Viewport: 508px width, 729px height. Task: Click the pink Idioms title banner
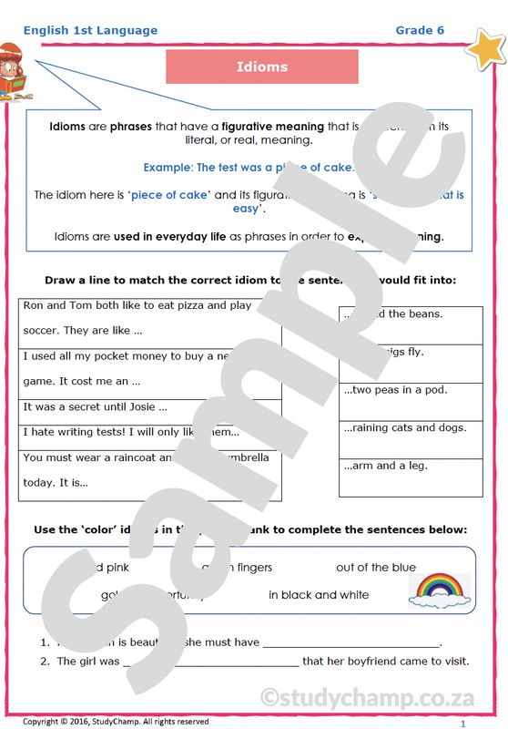tap(262, 67)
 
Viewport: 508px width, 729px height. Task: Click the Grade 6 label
tap(420, 30)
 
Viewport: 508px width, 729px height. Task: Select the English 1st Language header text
tap(90, 30)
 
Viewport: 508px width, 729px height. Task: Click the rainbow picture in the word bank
tap(440, 590)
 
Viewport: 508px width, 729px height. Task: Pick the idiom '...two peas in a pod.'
tap(395, 389)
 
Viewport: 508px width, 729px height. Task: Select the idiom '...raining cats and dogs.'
tap(404, 427)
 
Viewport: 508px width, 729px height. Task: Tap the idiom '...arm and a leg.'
tap(385, 466)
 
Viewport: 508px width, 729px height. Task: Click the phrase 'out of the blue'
tap(375, 567)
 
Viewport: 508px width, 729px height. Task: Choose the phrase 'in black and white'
tap(319, 594)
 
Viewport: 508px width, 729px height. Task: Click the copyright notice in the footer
tap(116, 721)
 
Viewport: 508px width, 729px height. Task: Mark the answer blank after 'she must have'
tap(351, 642)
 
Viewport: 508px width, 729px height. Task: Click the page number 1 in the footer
tap(462, 723)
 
